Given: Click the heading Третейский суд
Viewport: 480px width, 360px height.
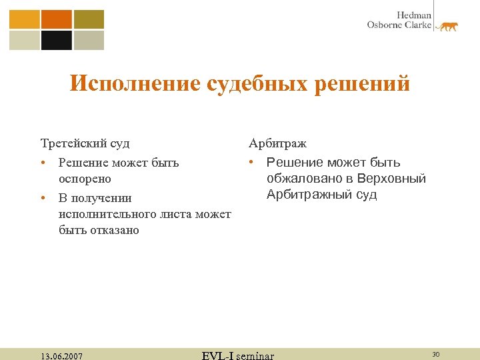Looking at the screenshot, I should pos(85,143).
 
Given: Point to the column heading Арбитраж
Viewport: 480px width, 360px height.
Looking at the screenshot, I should pos(278,143).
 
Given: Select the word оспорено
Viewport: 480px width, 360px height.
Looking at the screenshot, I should pos(85,179).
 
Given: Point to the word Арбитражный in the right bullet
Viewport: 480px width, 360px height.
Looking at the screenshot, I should pos(306,195).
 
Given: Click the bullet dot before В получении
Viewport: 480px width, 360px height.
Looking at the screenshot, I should pos(42,198).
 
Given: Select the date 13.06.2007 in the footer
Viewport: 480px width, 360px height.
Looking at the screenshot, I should pos(61,356).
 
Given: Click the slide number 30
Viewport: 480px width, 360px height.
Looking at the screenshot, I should pos(436,354).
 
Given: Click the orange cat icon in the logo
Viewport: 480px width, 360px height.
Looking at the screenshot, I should pos(447,26).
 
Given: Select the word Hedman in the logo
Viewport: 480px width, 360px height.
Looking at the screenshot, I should pos(415,15).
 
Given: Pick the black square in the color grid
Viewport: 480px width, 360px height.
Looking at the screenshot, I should pos(57,41).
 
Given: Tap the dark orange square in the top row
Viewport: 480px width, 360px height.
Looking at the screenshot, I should pos(57,19).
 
